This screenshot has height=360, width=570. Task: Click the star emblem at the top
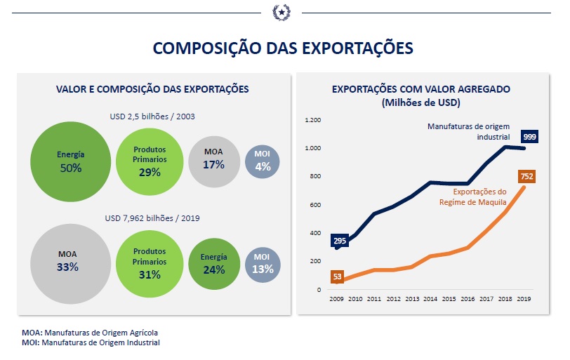282,13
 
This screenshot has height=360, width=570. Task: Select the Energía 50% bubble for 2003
70,162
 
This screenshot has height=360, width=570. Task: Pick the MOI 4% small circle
262,161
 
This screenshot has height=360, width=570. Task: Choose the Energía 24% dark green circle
213,263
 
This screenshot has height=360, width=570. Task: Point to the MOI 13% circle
262,263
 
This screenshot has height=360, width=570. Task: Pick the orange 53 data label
338,276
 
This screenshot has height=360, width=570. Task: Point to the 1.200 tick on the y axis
312,120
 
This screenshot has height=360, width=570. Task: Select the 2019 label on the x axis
524,299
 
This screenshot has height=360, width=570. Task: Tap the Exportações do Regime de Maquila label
480,196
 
